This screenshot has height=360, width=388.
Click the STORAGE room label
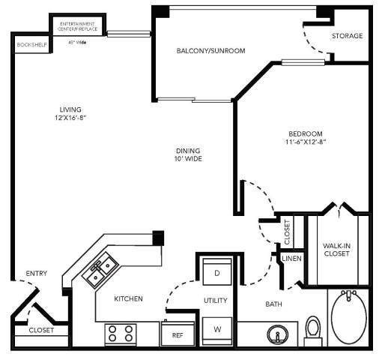coord(348,35)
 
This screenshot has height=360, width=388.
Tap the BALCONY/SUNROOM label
coord(211,51)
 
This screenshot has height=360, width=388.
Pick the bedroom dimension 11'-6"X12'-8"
coord(305,142)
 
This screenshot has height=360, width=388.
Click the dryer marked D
coord(216,273)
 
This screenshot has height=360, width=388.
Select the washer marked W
coord(216,328)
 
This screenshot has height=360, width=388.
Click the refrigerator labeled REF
coord(178,334)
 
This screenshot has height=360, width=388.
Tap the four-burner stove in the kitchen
coord(120,333)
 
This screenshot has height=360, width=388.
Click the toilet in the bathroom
coord(313,327)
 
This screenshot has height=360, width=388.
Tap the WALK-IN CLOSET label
coord(337,249)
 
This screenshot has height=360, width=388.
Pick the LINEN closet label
coord(291,259)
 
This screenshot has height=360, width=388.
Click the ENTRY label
coord(35,273)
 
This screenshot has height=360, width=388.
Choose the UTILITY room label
coord(216,300)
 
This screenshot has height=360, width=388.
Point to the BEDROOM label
coord(305,133)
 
